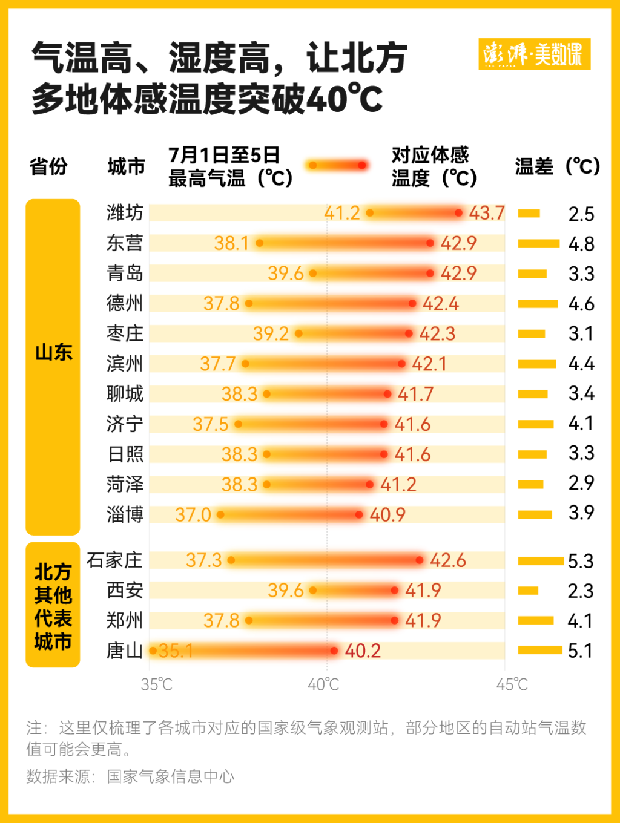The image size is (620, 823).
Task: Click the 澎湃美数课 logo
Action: click(534, 54)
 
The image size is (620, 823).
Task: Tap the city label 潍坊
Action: click(125, 213)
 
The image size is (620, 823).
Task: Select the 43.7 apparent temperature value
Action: click(487, 213)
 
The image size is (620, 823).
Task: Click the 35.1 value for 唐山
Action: click(176, 651)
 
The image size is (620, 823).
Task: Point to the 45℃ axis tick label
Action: click(512, 684)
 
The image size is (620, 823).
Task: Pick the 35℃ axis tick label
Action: click(156, 684)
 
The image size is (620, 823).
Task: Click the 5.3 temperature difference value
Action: click(581, 561)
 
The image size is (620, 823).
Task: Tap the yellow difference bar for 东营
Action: click(538, 243)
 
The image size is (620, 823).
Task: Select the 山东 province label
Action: click(53, 352)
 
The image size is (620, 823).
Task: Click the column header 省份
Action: click(48, 166)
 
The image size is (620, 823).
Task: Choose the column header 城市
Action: click(126, 166)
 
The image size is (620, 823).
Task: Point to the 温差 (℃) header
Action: click(557, 166)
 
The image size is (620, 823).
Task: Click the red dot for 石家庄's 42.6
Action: click(420, 560)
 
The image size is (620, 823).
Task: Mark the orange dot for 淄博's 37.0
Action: click(220, 514)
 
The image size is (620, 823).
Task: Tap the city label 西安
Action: click(125, 590)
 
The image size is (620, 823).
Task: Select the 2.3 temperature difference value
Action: click(581, 591)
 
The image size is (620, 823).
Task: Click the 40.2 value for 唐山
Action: click(363, 651)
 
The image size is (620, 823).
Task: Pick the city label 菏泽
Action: click(125, 484)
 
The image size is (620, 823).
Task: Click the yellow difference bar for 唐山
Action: click(540, 650)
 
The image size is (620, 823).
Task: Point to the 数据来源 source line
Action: click(130, 776)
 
